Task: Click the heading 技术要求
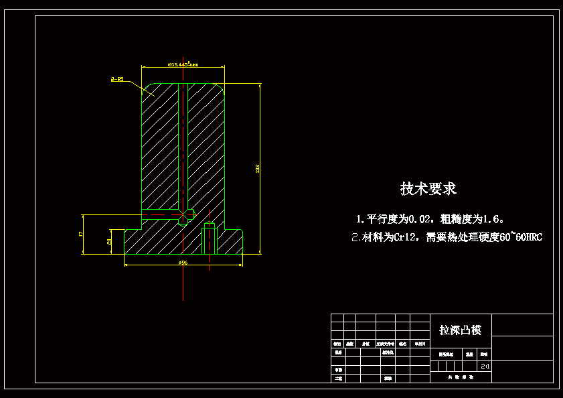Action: (428, 189)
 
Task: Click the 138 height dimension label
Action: (257, 168)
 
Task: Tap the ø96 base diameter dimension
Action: (183, 263)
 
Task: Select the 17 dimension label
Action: (80, 234)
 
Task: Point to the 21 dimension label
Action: (109, 241)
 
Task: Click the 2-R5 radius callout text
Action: (117, 79)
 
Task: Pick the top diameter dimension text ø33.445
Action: (182, 65)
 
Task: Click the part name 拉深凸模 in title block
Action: (460, 330)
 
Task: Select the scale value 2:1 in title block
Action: (485, 367)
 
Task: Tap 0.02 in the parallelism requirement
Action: (420, 219)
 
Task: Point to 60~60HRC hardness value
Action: (520, 237)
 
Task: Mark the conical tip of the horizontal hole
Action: (192, 214)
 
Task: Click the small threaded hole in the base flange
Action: (210, 241)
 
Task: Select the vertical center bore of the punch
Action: (183, 144)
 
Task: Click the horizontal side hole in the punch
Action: (164, 214)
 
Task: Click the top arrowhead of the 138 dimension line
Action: (259, 85)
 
